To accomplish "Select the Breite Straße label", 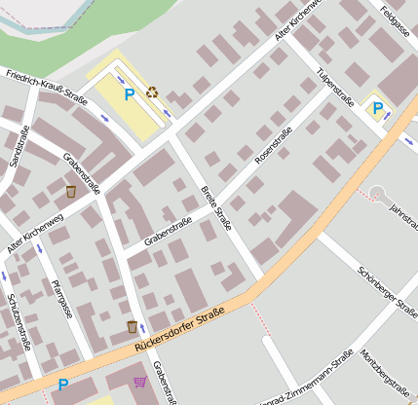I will pyautogui.click(x=215, y=206).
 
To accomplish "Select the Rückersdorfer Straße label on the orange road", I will pyautogui.click(x=174, y=329).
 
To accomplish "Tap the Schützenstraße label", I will pyautogui.click(x=19, y=321).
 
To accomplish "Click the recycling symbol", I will pyautogui.click(x=152, y=92).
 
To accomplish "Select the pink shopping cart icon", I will pyautogui.click(x=140, y=382).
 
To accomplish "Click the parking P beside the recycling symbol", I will pyautogui.click(x=130, y=95).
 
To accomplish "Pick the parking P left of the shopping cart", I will pyautogui.click(x=63, y=385).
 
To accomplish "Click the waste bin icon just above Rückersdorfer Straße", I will pyautogui.click(x=132, y=326).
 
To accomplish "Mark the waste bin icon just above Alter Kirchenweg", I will pyautogui.click(x=71, y=191).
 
